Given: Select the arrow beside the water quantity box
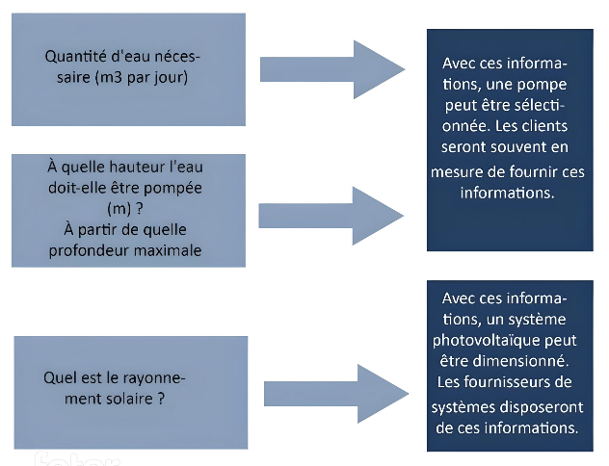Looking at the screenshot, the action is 332,69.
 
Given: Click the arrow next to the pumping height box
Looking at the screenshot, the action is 331,216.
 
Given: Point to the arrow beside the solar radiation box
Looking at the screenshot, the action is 336,394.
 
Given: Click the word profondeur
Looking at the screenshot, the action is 86,250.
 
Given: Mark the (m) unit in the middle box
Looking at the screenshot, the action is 119,209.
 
